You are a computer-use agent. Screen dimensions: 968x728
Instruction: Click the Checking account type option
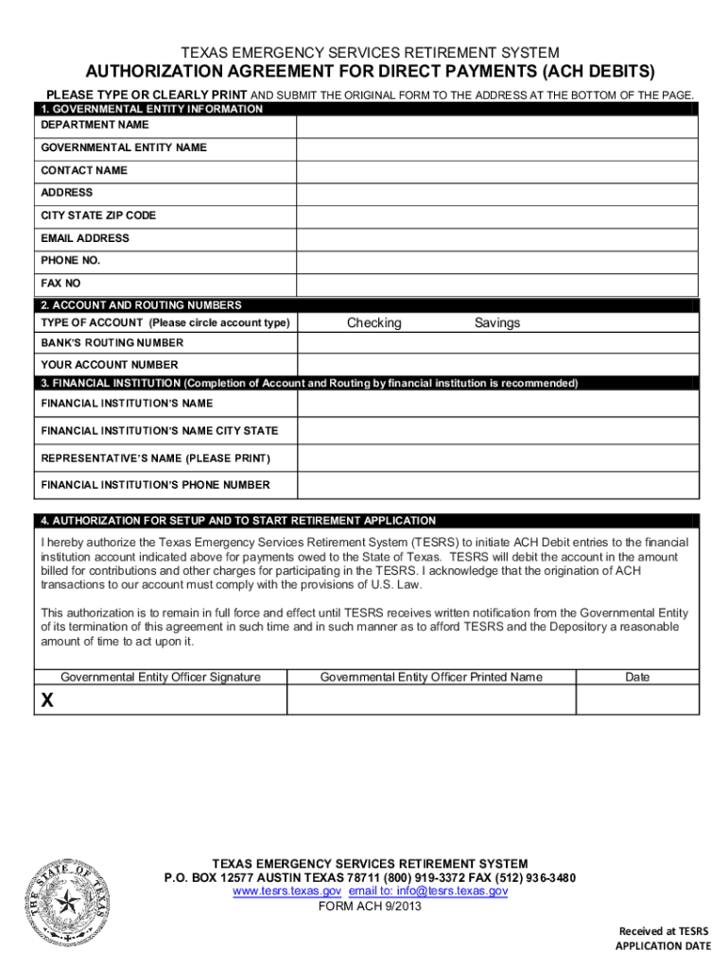click(373, 323)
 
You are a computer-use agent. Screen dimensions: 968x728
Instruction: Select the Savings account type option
click(497, 323)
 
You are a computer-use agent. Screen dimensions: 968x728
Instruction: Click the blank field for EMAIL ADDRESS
click(497, 238)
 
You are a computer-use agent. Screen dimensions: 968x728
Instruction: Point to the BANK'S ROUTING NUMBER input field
click(497, 343)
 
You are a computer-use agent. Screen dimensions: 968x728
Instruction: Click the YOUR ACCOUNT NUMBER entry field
click(497, 364)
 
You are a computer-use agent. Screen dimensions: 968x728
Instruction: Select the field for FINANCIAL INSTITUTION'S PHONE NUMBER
click(497, 485)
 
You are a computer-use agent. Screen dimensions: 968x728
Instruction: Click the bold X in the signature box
click(46, 700)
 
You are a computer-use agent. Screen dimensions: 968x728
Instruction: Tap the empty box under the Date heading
click(637, 700)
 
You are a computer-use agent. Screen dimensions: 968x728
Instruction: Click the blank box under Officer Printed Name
click(431, 700)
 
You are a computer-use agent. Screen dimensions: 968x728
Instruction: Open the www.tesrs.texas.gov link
click(287, 891)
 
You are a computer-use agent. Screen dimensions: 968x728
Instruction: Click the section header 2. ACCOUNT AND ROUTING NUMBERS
click(141, 305)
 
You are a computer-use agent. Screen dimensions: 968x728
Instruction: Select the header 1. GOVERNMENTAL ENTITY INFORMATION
click(151, 110)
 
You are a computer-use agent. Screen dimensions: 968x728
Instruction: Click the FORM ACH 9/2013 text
click(370, 906)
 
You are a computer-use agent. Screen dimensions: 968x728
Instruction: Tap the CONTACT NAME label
click(84, 170)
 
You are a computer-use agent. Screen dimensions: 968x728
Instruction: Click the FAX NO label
click(61, 283)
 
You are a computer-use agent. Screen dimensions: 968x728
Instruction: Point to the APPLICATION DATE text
click(663, 945)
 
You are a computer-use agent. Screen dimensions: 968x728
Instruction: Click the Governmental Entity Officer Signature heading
click(160, 677)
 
